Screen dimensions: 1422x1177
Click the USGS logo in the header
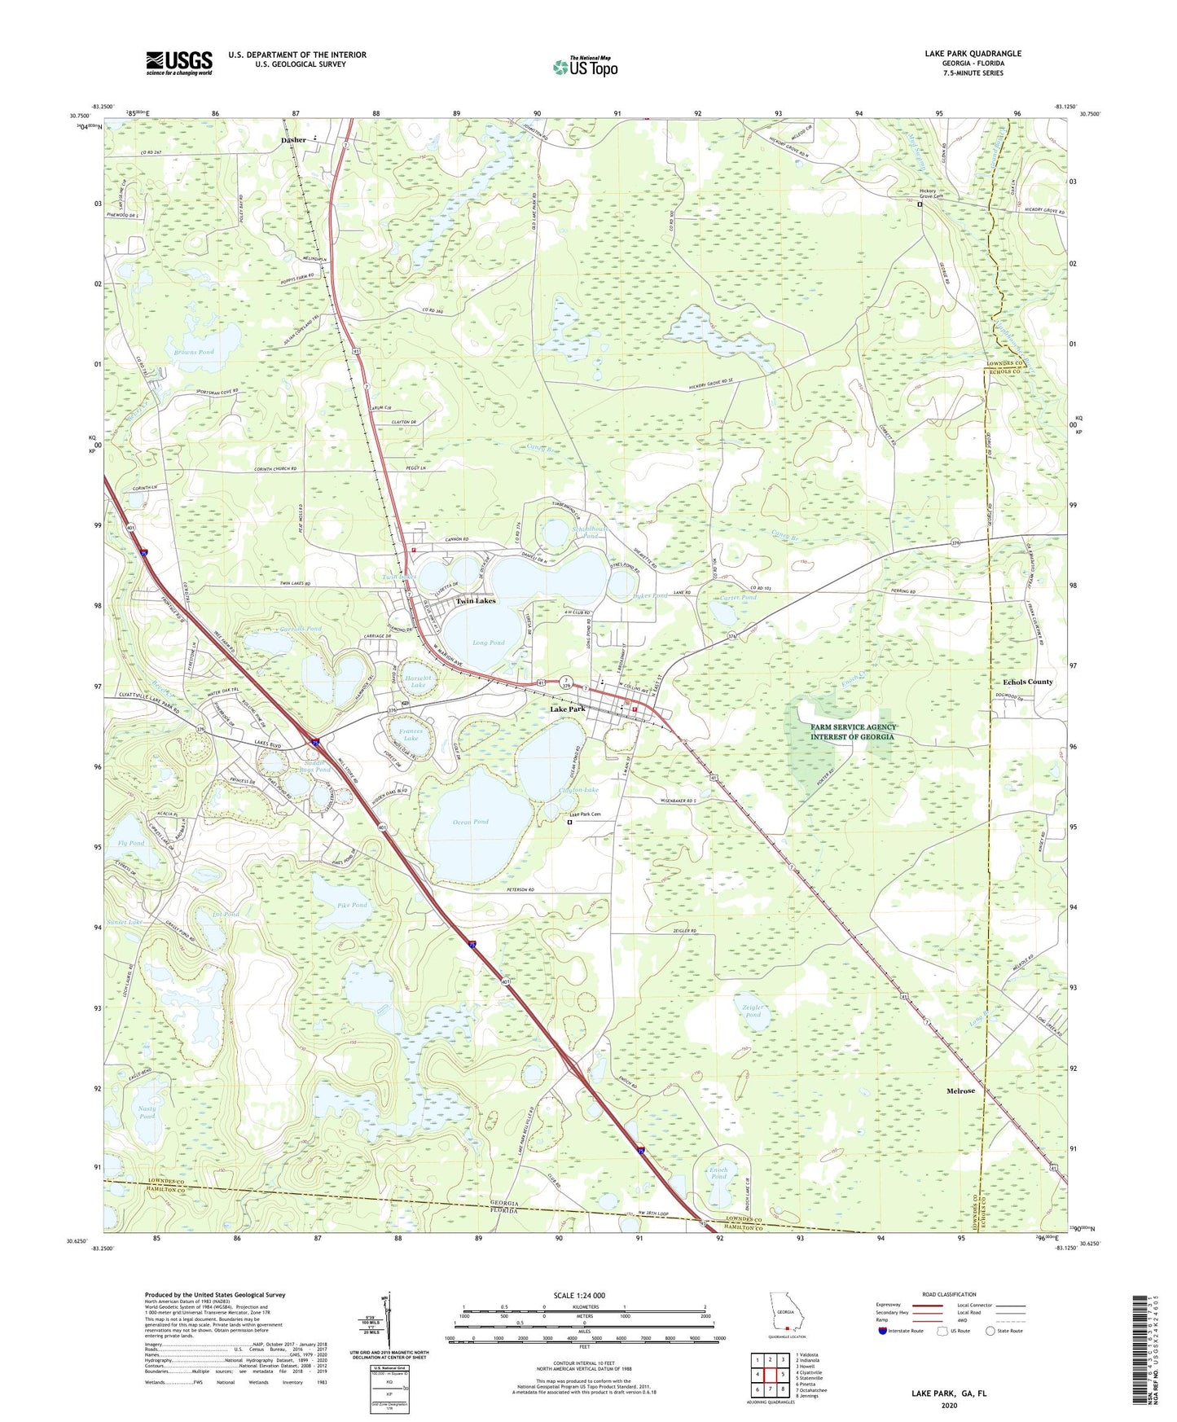[x=179, y=63]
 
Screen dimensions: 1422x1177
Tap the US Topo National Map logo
[x=585, y=67]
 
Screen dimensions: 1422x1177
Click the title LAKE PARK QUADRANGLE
[x=973, y=54]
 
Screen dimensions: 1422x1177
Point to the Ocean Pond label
[x=470, y=822]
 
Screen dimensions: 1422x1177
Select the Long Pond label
[x=488, y=643]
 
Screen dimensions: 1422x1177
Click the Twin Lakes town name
[x=475, y=601]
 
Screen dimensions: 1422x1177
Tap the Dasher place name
[x=293, y=140]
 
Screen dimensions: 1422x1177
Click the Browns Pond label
[x=193, y=352]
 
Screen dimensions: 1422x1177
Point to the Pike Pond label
[x=352, y=905]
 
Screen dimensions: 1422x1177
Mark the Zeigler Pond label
[x=752, y=1011]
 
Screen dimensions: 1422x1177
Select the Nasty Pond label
[x=147, y=1112]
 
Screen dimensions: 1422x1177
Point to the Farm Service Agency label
[x=852, y=731]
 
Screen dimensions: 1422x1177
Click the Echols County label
[x=1027, y=682]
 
